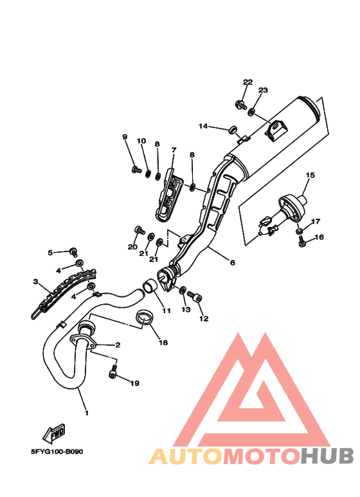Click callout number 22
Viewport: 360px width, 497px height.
click(x=248, y=82)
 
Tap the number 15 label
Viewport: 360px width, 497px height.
click(x=310, y=175)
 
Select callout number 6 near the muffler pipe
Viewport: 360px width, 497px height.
click(x=233, y=262)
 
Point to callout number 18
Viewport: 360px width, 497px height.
click(x=163, y=342)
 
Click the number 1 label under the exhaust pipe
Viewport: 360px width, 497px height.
click(x=87, y=413)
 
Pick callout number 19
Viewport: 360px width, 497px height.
click(x=135, y=383)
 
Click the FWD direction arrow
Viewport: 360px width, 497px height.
click(x=54, y=433)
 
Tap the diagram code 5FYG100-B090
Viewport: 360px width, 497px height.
click(x=57, y=452)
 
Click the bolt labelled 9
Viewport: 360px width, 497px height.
click(x=136, y=170)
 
